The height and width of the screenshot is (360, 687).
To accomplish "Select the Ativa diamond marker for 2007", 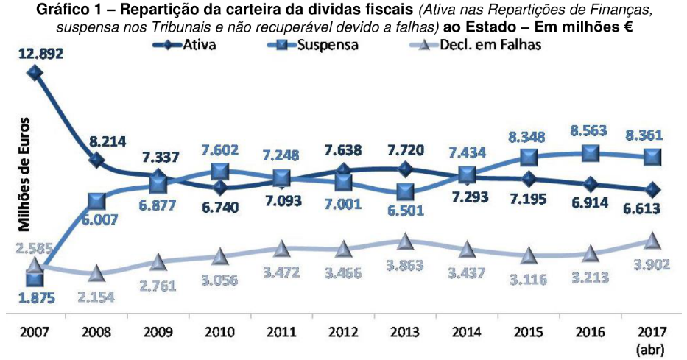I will point(34,72).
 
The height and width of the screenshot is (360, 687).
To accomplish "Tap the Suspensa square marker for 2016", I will point(589,153).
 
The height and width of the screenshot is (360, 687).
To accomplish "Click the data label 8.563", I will point(589,131).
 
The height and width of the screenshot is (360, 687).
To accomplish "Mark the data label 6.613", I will point(650,209).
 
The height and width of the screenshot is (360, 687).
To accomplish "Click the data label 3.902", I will point(650,264).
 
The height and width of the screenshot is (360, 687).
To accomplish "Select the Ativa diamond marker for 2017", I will point(650,190).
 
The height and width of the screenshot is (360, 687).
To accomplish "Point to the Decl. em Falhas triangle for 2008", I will point(96,273).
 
